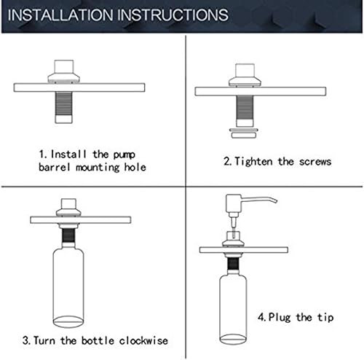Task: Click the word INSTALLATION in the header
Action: pyautogui.click(x=60, y=15)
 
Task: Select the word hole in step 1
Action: pyautogui.click(x=135, y=167)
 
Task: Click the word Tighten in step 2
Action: pyautogui.click(x=253, y=161)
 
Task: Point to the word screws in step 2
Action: pyautogui.click(x=315, y=162)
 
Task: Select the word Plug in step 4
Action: pyautogui.click(x=280, y=318)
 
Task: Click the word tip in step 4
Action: pyautogui.click(x=325, y=318)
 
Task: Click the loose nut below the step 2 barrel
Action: pyautogui.click(x=244, y=133)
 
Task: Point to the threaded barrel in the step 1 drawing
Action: pyautogui.click(x=63, y=107)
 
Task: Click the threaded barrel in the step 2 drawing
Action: pyautogui.click(x=245, y=111)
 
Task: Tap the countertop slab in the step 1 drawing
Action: pyautogui.click(x=79, y=87)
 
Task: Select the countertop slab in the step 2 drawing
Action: pyautogui.click(x=261, y=91)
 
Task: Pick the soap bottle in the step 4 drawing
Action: pyautogui.click(x=233, y=308)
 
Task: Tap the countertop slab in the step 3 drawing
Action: pyautogui.click(x=81, y=220)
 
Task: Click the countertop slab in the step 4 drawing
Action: pyautogui.click(x=244, y=250)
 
